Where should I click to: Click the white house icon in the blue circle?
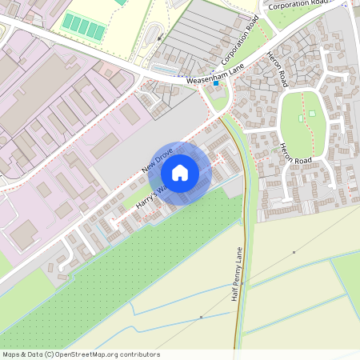coord(180,172)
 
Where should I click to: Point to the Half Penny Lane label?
coord(237,274)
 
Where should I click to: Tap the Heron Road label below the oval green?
coord(294,154)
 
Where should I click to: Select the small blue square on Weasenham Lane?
coord(216,83)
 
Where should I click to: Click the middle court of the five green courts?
coord(84,28)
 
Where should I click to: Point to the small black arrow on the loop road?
coord(159,36)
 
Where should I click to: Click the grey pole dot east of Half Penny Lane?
coord(294,252)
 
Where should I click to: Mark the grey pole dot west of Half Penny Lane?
coord(201,318)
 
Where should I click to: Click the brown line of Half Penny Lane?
coord(238,320)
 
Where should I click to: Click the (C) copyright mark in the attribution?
coord(50,354)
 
